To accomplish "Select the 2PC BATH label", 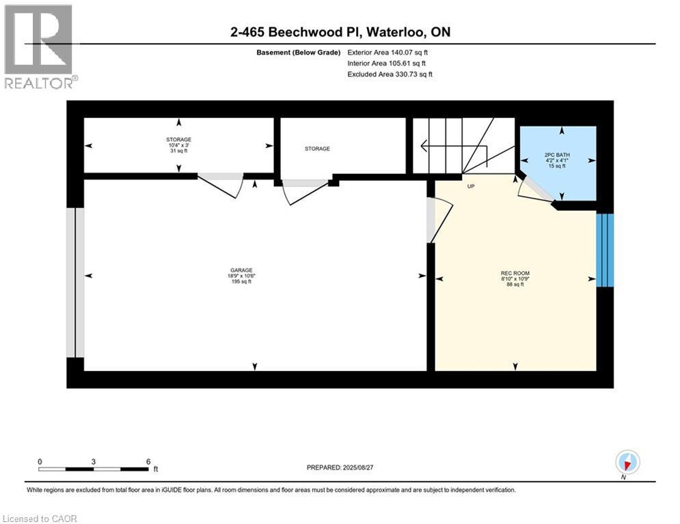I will [x=557, y=154].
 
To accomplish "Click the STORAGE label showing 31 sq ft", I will [x=178, y=139].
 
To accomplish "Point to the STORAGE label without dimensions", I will [x=317, y=148].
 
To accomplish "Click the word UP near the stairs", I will [x=471, y=185].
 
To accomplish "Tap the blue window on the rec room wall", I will [x=605, y=250].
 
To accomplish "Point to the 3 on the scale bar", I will [x=94, y=461].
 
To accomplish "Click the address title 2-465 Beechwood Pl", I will [x=340, y=32].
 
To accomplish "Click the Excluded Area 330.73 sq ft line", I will [x=390, y=74].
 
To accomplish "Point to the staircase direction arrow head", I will [x=424, y=145].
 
